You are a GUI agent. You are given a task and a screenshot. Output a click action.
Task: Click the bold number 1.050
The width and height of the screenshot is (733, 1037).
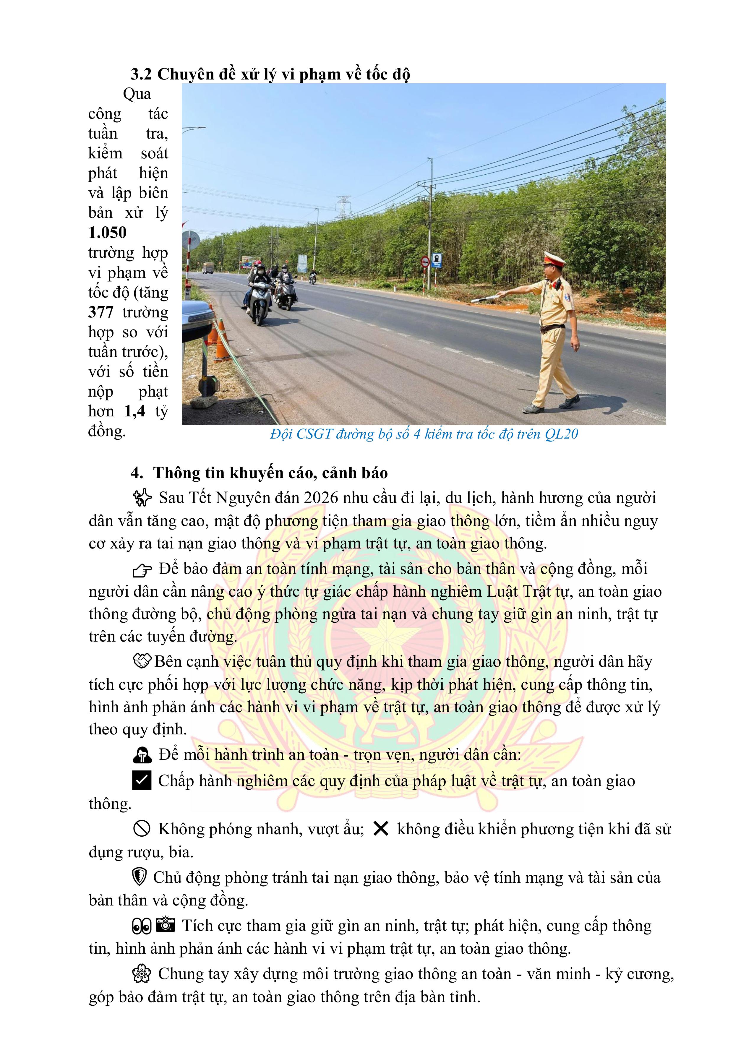[x=108, y=233]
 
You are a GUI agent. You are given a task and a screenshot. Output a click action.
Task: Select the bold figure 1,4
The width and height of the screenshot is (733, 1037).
[x=134, y=411]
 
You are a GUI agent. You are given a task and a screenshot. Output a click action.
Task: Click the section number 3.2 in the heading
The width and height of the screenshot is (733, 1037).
[x=141, y=74]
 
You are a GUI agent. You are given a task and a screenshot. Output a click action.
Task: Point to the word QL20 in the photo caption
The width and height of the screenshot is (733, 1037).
[x=561, y=434]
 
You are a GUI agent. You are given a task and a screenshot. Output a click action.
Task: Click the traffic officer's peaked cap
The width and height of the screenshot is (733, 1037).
[x=554, y=259]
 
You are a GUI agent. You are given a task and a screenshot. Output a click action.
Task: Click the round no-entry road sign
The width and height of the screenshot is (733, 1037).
[x=425, y=262]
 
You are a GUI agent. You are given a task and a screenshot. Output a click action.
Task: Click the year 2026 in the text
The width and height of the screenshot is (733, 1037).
[x=321, y=498]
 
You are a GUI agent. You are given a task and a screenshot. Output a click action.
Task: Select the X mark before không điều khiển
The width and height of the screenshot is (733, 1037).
[x=381, y=828]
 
